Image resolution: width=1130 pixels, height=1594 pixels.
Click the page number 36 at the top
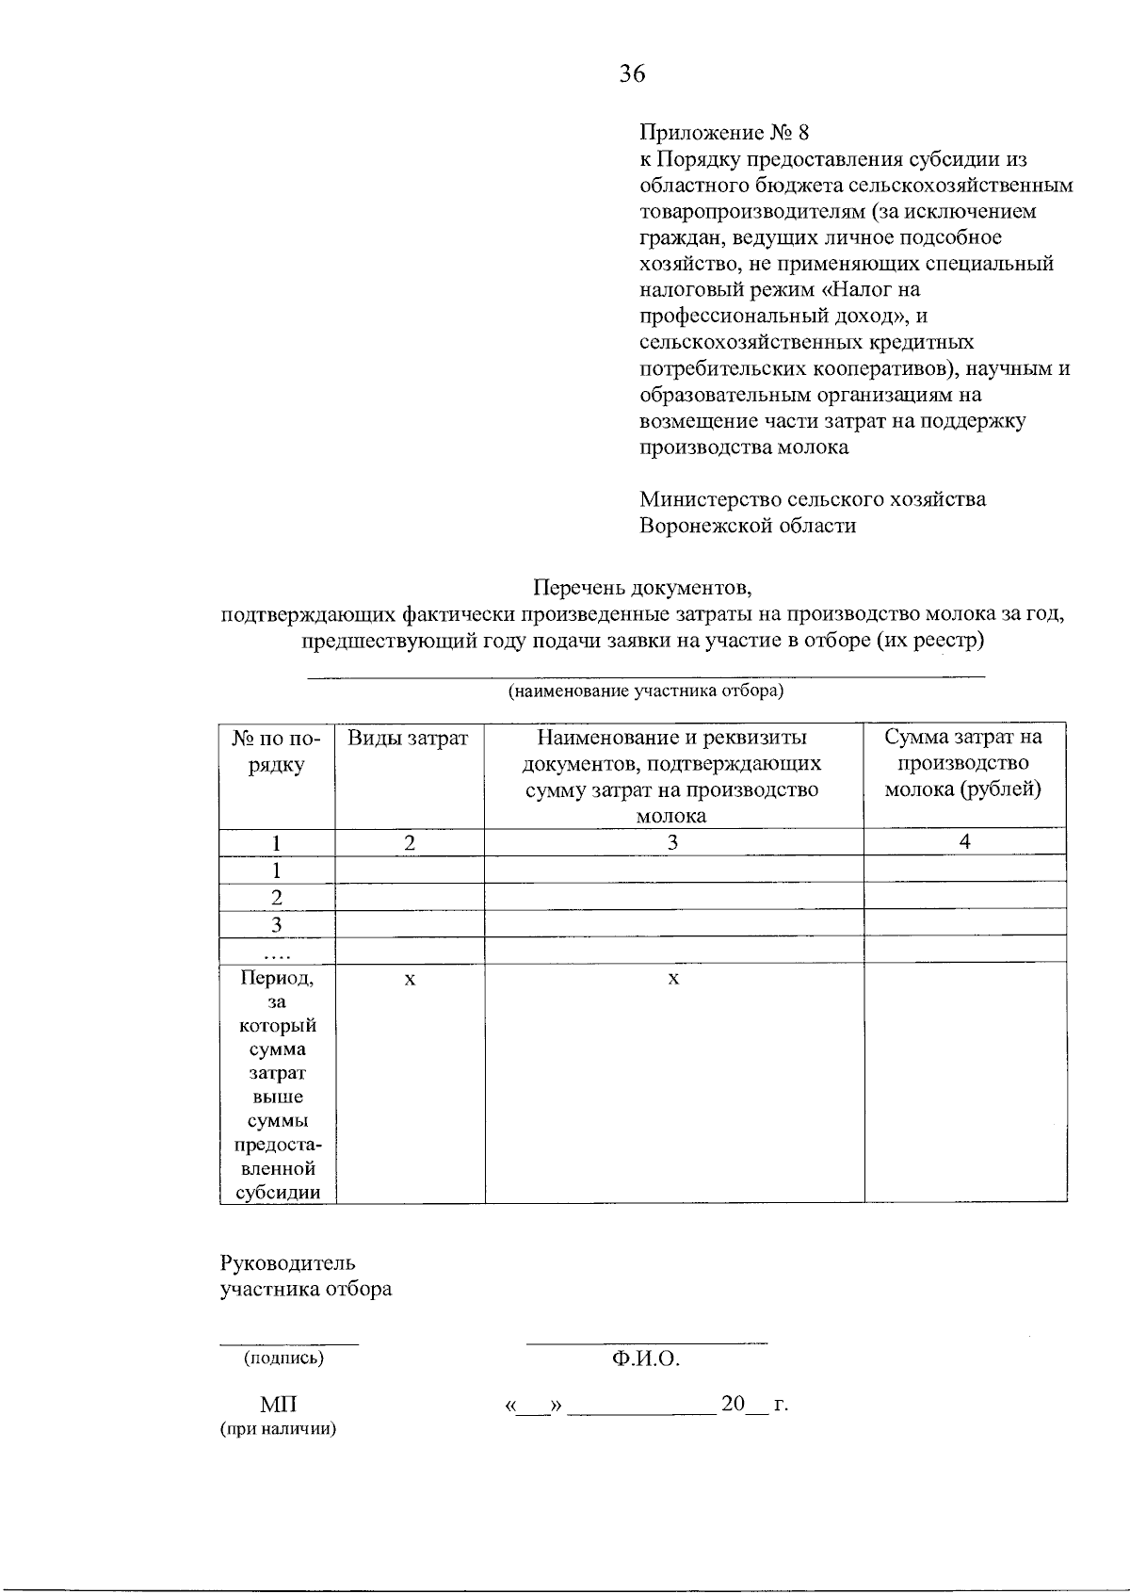(632, 73)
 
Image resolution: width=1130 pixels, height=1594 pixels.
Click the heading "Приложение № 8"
(723, 132)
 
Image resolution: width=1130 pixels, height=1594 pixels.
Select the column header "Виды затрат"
(408, 739)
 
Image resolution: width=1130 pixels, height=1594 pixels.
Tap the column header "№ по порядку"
(276, 752)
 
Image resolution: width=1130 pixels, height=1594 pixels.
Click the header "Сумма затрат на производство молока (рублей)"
(963, 763)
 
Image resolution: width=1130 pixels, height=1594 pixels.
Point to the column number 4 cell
(964, 842)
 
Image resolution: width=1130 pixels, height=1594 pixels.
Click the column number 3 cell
(673, 842)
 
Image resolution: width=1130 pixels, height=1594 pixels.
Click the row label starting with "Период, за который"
(277, 1083)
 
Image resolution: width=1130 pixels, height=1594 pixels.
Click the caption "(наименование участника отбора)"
(646, 691)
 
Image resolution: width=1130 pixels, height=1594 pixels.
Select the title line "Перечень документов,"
(643, 589)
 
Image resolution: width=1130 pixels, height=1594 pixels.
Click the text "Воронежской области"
(748, 526)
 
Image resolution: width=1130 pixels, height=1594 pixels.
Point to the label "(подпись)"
(283, 1358)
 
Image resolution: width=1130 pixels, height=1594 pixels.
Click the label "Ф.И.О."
(645, 1358)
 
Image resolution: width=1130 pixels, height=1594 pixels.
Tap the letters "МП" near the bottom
(278, 1405)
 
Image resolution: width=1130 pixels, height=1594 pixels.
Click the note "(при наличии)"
(278, 1429)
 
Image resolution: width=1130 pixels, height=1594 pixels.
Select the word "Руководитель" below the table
(287, 1262)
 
